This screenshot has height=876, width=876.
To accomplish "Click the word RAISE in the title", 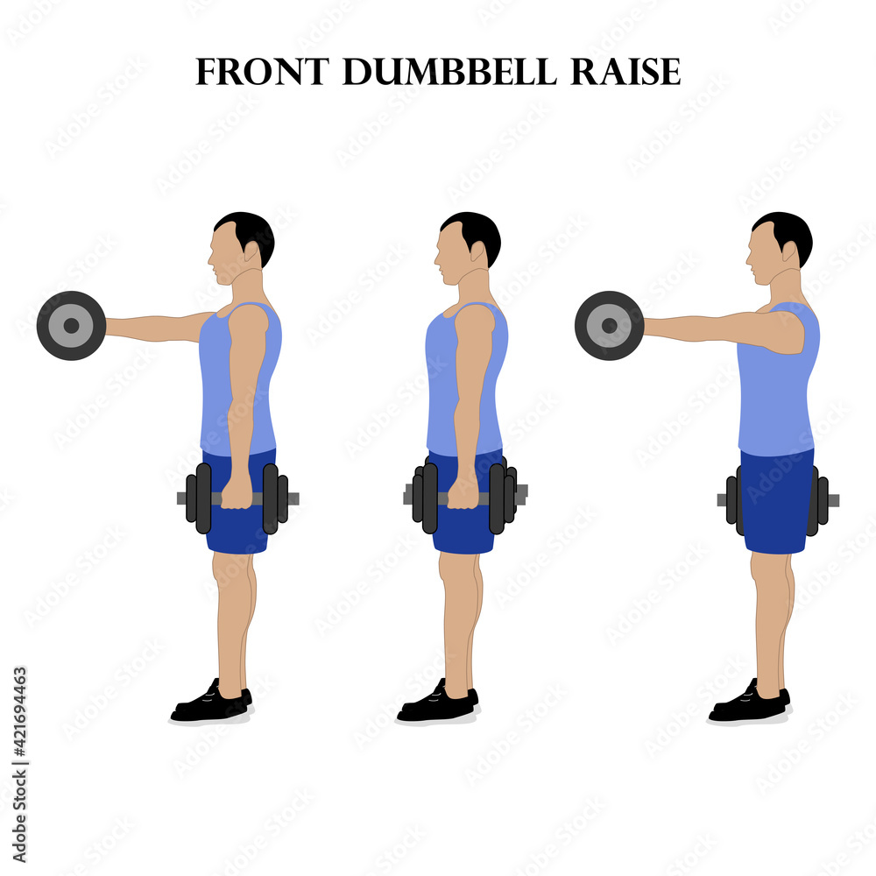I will [625, 73].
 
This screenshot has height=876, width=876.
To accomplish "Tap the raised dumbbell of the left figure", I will [71, 325].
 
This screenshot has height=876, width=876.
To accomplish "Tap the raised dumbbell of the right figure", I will [609, 325].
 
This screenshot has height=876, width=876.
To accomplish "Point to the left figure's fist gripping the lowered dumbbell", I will [236, 493].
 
